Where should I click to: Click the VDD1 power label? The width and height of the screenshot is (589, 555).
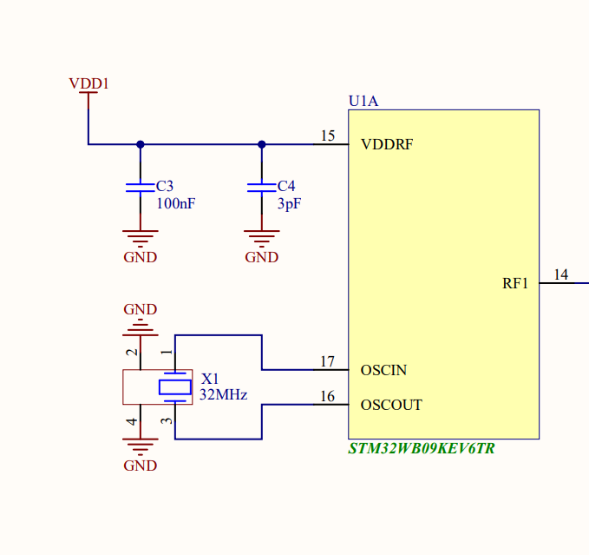[x=88, y=84]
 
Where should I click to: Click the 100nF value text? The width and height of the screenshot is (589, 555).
[x=175, y=204]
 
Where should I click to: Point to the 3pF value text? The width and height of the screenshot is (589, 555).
[x=289, y=204]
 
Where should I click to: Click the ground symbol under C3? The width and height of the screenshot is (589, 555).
[x=140, y=236]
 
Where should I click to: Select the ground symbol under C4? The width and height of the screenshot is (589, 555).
[x=261, y=236]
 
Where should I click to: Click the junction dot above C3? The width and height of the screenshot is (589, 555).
[x=140, y=144]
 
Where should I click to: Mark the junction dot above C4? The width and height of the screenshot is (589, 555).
[x=261, y=144]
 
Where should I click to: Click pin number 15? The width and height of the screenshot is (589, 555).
[x=327, y=135]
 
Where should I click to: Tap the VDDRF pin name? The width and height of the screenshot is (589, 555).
[x=386, y=145]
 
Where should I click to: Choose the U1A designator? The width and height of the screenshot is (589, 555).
[x=363, y=102]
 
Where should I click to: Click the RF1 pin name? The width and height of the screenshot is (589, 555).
[x=515, y=283]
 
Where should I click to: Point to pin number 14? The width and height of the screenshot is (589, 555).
[x=560, y=274]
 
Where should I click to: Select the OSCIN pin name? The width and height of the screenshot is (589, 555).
[x=383, y=371]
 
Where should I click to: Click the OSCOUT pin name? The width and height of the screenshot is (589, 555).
[x=391, y=406]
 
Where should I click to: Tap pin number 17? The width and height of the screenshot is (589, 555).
[x=327, y=361]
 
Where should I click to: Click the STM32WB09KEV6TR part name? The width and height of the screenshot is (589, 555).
[x=422, y=449]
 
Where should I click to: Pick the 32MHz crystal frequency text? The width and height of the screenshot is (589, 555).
[x=224, y=394]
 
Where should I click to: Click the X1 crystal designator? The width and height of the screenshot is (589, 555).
[x=210, y=380]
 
